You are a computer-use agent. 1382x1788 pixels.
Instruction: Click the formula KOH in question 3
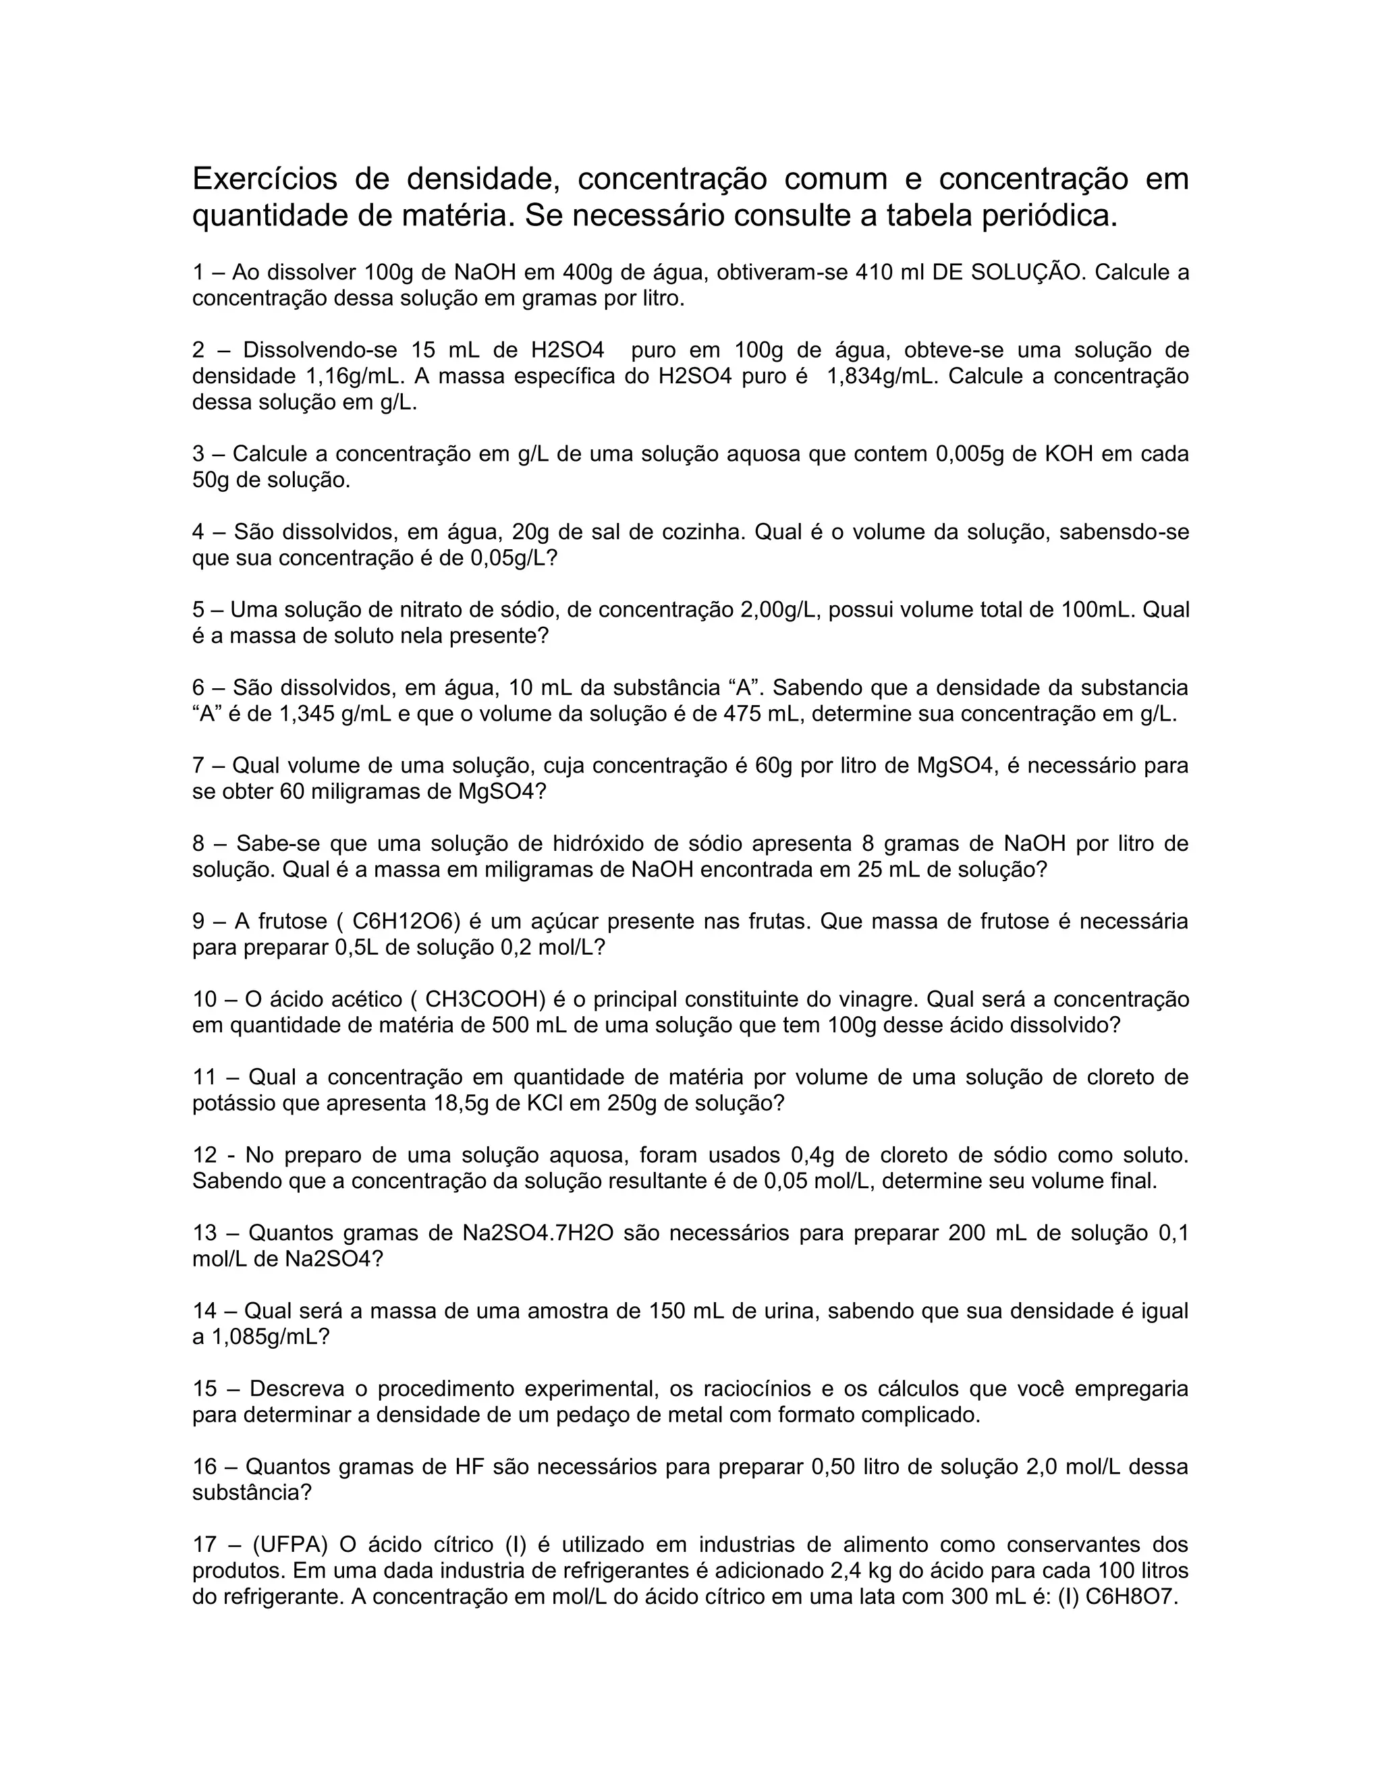click(x=1070, y=454)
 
